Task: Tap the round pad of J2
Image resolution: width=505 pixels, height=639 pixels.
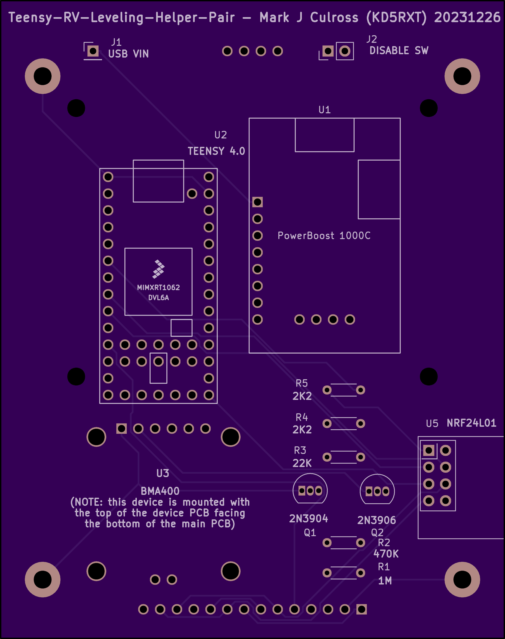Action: pos(345,51)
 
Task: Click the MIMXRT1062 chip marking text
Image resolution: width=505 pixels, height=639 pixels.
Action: pos(158,287)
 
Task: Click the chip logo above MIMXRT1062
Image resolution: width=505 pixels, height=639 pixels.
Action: pos(158,269)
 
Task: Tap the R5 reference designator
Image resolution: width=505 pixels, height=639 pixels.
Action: pos(302,383)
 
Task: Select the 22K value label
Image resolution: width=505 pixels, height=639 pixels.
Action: pos(302,463)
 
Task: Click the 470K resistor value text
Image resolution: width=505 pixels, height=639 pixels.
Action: pos(386,554)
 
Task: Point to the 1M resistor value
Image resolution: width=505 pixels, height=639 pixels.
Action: pos(385,581)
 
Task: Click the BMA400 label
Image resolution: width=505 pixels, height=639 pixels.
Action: pos(160,491)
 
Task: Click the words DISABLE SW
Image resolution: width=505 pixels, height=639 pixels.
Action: pos(399,51)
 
